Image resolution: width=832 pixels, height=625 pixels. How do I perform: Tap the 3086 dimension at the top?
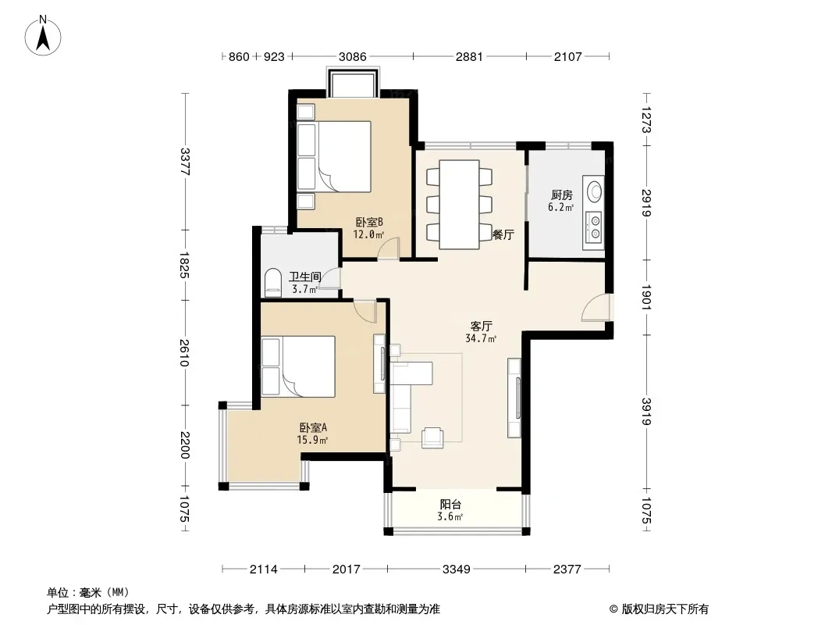(352, 56)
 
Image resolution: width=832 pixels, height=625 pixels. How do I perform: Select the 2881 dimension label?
(469, 56)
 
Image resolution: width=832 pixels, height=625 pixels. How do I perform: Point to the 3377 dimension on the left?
(185, 162)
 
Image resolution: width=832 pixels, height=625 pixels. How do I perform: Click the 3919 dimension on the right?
(645, 412)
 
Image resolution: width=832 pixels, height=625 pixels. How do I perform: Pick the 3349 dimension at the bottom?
(457, 570)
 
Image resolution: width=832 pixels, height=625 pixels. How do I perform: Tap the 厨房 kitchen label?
(561, 195)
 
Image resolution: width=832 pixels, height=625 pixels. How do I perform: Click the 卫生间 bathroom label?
(304, 277)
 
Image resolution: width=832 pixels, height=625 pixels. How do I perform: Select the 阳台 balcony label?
(450, 505)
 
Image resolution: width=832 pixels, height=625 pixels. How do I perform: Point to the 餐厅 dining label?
(503, 234)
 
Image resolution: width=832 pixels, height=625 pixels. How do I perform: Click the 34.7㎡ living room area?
(481, 338)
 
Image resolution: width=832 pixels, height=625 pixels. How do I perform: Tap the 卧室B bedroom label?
(369, 222)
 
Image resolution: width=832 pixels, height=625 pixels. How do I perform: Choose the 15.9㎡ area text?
(312, 440)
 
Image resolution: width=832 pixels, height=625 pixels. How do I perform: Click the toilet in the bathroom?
(272, 283)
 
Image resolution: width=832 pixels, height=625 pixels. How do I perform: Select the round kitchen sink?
(595, 190)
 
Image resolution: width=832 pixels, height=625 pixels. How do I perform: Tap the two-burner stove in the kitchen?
(594, 227)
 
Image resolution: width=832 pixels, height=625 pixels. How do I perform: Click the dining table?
(459, 205)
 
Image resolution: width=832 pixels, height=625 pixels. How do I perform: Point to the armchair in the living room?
(432, 437)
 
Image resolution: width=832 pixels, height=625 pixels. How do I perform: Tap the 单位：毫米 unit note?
(88, 592)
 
